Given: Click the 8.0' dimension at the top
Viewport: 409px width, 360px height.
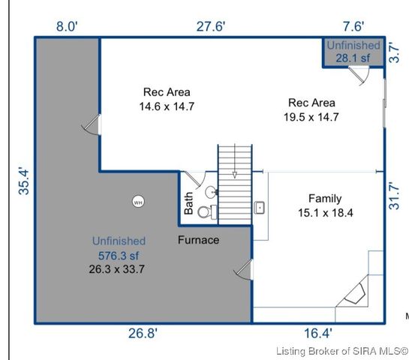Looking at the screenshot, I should [x=66, y=27].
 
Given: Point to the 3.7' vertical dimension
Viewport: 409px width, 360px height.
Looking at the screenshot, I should [x=395, y=53].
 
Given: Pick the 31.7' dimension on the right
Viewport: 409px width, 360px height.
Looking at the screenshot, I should [x=395, y=194].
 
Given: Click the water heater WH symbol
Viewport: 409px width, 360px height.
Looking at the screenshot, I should [x=137, y=202].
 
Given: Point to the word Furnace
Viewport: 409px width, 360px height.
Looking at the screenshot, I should [x=198, y=240].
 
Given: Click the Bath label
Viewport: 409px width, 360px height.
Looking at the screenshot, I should [x=189, y=205].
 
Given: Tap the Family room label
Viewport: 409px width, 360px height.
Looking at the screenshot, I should [x=325, y=199].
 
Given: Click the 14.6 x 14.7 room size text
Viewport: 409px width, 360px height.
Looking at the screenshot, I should [x=166, y=106].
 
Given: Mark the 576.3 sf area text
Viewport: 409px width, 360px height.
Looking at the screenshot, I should [x=118, y=255].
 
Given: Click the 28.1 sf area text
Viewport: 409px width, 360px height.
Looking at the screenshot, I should [x=353, y=57].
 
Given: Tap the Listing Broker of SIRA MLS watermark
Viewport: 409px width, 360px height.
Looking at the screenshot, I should [x=341, y=351].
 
